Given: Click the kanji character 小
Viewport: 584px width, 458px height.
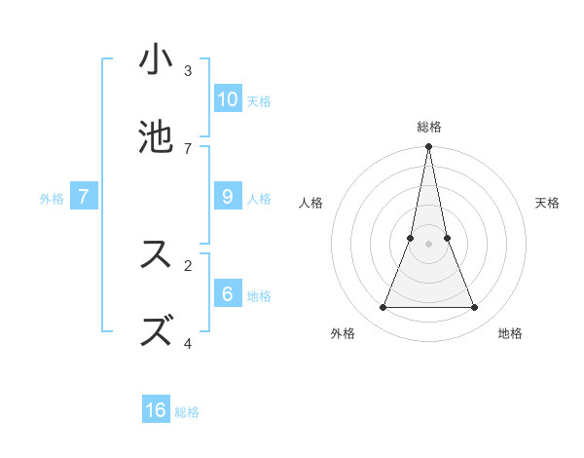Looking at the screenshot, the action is pos(157,60).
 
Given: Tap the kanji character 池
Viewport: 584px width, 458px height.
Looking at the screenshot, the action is pos(157,137).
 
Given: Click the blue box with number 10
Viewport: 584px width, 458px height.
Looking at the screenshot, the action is pos(227,99).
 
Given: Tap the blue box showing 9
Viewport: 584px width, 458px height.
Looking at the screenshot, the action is pos(227,197).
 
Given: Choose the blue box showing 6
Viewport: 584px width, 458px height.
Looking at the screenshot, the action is pos(227,294).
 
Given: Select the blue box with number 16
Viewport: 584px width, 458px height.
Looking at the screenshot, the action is pos(156,410).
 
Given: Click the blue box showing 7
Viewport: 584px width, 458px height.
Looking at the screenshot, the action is pos(84,197).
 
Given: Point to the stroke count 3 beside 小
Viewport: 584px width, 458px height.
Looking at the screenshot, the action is pos(188,71).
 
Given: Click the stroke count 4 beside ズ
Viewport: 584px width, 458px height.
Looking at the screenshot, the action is pos(188,343).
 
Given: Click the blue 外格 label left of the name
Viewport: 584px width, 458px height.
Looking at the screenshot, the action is pos(52,198).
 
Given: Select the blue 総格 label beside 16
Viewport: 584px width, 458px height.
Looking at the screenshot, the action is pos(187,411).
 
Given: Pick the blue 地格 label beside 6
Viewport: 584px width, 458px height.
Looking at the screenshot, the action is pos(259,295).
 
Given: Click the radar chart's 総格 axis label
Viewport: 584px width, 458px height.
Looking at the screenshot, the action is pos(429,127).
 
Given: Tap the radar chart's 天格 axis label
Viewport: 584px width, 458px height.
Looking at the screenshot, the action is pos(548,203).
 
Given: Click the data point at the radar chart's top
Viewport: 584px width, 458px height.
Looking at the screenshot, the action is pos(429,147).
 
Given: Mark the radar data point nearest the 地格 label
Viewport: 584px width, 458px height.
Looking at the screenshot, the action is pos(475,308).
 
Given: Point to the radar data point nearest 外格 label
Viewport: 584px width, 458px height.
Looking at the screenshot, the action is pos(383,308).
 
